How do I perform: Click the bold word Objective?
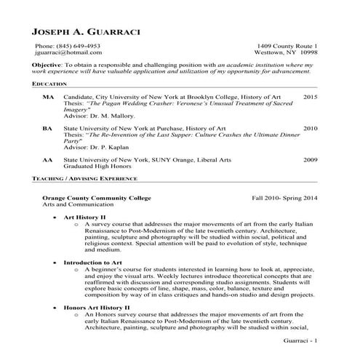pyautogui.click(x=47, y=65)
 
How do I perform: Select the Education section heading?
pyautogui.click(x=49, y=85)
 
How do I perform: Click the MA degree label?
pyautogui.click(x=47, y=97)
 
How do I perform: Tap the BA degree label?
pyautogui.click(x=47, y=128)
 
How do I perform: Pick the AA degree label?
pyautogui.click(x=47, y=159)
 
